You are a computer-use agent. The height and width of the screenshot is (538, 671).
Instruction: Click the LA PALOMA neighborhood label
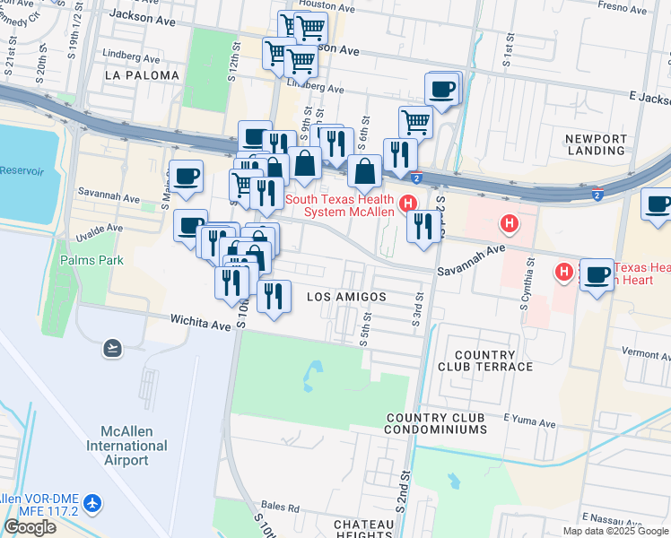(x=142, y=75)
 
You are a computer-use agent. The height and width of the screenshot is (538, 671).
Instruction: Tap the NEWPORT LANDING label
(x=596, y=146)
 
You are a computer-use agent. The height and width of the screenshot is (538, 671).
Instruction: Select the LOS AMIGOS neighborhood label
(x=346, y=297)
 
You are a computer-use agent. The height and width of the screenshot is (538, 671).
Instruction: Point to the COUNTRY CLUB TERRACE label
(x=485, y=360)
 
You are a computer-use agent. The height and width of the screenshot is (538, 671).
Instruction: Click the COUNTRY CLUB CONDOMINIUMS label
(x=435, y=424)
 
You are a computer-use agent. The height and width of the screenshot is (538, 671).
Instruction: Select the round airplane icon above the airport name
(x=112, y=348)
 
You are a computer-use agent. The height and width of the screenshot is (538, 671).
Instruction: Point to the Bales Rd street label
(x=281, y=508)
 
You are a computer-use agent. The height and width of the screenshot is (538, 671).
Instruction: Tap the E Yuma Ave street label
(x=529, y=421)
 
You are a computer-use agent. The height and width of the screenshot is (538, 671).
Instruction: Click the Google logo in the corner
(x=30, y=527)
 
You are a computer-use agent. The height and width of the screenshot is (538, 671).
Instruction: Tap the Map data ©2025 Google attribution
(x=614, y=531)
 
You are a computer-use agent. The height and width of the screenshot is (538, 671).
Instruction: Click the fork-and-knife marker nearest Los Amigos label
(x=274, y=296)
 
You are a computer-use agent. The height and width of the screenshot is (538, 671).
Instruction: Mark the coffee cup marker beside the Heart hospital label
(x=597, y=274)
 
